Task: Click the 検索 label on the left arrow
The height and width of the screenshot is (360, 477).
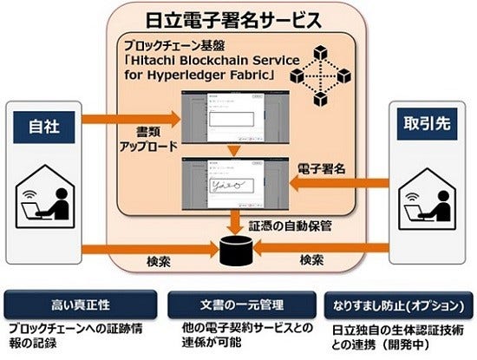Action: [x=151, y=262]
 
